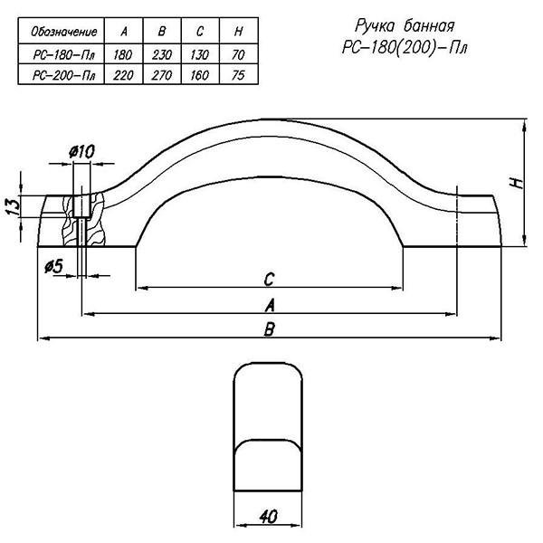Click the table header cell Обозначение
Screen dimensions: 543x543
click(x=63, y=32)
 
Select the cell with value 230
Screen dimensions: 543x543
click(x=162, y=54)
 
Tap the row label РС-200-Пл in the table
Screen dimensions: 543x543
click(x=63, y=75)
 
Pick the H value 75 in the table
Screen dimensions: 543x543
click(x=238, y=75)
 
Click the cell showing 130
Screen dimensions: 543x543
click(x=200, y=54)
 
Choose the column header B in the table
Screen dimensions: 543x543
click(x=162, y=32)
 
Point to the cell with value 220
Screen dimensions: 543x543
click(x=123, y=75)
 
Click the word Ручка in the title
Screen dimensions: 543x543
click(x=375, y=26)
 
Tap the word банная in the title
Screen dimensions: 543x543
click(x=429, y=26)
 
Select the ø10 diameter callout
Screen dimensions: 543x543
click(x=81, y=152)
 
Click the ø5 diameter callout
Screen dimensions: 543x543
click(x=54, y=266)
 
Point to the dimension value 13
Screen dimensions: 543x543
click(x=14, y=207)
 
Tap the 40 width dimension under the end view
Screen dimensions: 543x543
click(x=268, y=517)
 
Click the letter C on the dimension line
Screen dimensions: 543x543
click(x=269, y=279)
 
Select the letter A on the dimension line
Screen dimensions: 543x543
click(x=270, y=306)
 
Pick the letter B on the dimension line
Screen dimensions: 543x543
click(x=269, y=329)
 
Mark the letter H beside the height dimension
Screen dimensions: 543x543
click(x=518, y=183)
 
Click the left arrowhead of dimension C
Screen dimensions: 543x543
click(x=142, y=288)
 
